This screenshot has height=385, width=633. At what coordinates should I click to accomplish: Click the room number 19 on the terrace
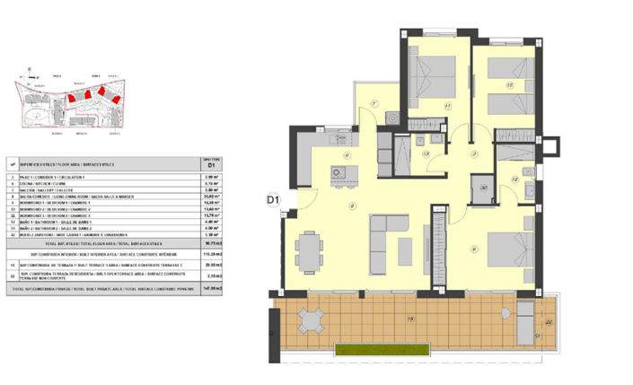pos(411,319)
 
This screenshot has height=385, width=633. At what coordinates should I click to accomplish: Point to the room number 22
pos(548,320)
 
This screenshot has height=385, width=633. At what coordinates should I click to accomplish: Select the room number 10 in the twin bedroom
pos(509,85)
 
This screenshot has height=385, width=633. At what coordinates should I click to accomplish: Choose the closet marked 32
pos(483,189)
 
